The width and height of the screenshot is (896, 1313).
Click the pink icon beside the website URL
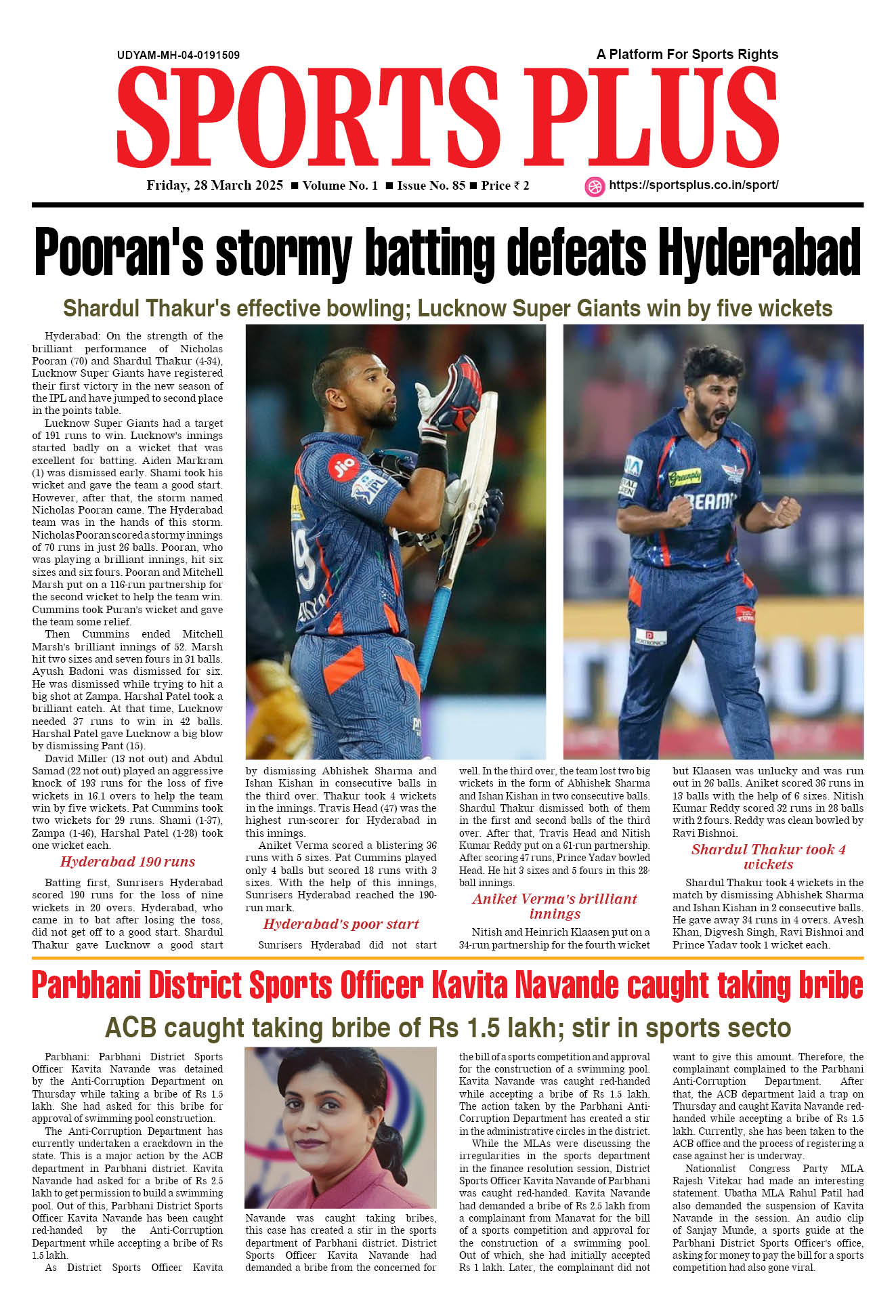coord(594,186)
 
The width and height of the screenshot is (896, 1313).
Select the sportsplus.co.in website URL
coord(694,185)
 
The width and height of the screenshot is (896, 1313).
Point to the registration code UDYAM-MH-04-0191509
coord(178,56)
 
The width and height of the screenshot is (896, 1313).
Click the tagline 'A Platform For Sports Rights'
coord(687,54)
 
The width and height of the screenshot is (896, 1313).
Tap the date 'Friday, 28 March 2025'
coord(215,186)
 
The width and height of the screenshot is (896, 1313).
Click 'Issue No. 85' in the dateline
coord(431,186)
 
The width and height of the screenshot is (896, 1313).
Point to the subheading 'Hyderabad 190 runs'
coord(127,862)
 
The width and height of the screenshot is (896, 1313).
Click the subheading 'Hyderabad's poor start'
coord(341,924)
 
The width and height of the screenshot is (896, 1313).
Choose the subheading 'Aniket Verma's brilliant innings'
coord(554,906)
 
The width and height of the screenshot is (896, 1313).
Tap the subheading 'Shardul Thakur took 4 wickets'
coord(768,856)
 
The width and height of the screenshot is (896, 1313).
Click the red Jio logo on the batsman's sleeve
coord(343,467)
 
